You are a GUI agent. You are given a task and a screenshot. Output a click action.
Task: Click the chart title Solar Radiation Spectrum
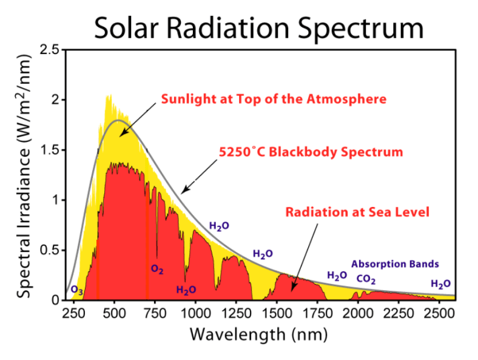[x=258, y=27]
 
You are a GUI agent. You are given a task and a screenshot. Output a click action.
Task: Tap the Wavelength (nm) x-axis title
[x=258, y=335]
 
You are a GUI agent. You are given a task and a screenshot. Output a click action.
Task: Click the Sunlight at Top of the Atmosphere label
[x=274, y=98]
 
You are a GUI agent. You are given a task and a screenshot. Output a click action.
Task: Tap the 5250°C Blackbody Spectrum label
[x=311, y=152]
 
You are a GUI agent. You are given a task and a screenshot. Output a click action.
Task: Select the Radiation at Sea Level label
[x=357, y=212]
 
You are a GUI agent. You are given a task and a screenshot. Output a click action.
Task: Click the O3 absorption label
[x=77, y=290]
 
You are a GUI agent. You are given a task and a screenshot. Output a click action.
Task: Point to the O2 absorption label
[x=157, y=269]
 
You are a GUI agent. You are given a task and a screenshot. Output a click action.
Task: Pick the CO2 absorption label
[x=366, y=280]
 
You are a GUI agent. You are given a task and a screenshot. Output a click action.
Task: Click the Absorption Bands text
[x=395, y=264]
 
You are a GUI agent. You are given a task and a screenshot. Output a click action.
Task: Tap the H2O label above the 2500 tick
[x=440, y=284]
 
